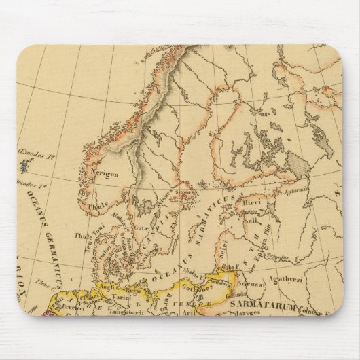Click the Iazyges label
(258, 317)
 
